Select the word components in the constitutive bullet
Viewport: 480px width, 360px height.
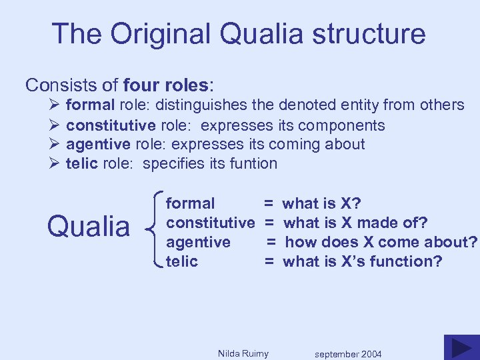click(341, 125)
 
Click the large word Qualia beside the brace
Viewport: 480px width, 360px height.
click(89, 227)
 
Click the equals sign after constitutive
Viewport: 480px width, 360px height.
click(271, 222)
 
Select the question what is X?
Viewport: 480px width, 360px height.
click(321, 203)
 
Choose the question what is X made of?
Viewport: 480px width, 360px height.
click(355, 222)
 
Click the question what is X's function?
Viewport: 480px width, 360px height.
click(362, 261)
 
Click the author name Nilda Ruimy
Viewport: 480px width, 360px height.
click(243, 353)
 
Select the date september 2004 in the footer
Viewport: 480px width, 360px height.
click(348, 353)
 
